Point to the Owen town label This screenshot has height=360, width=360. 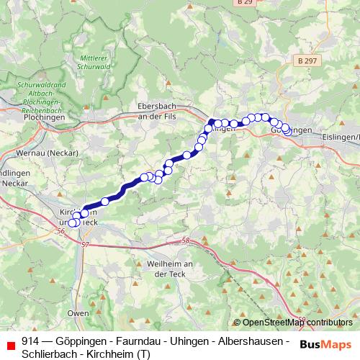pyautogui.click(x=78, y=313)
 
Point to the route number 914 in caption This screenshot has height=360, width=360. pyautogui.click(x=30, y=340)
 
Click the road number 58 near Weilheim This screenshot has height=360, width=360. pyautogui.click(x=186, y=240)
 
